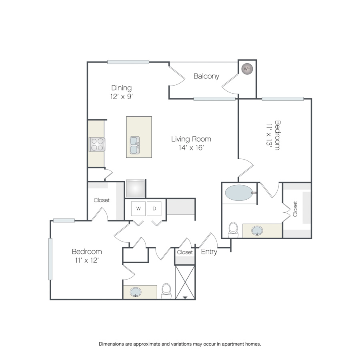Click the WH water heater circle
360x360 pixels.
(x=247, y=69)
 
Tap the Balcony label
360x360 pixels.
(x=206, y=76)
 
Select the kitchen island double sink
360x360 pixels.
(x=135, y=145)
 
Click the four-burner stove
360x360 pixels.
(x=97, y=144)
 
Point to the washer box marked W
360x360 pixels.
(x=138, y=208)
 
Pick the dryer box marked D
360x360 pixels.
(x=154, y=208)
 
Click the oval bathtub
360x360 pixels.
(x=239, y=193)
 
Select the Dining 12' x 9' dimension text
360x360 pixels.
(x=122, y=97)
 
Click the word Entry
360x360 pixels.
(x=209, y=252)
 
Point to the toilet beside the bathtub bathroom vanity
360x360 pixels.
(x=233, y=230)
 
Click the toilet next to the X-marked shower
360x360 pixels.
(x=166, y=291)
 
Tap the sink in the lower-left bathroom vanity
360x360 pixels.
(x=136, y=292)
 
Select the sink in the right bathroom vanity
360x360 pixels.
(x=257, y=231)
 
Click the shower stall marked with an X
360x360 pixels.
(x=185, y=282)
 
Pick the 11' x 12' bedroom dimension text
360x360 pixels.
(x=87, y=260)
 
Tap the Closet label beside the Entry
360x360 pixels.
(x=184, y=252)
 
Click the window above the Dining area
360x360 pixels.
(x=128, y=62)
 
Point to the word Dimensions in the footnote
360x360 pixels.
(x=111, y=344)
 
